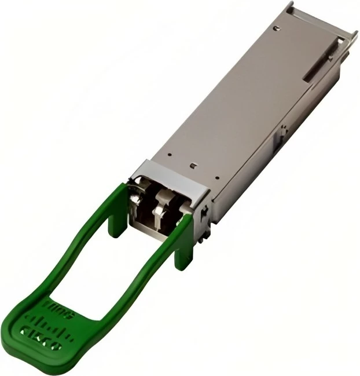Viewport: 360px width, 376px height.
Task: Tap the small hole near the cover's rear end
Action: [277, 27]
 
